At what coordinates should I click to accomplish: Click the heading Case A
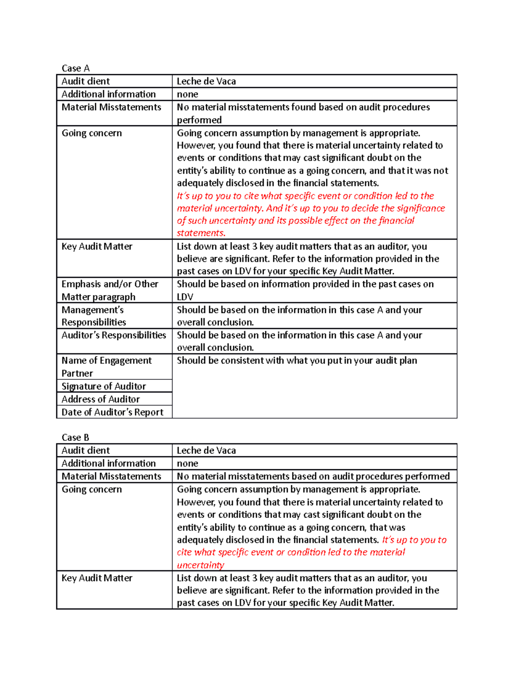tap(76, 68)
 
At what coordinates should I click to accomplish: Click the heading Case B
tap(76, 437)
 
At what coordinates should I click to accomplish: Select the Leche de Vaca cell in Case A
tap(206, 81)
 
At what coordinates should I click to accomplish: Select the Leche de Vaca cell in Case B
tap(206, 451)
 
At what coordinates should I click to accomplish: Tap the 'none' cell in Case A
tap(187, 94)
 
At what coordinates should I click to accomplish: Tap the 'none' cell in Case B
tap(187, 464)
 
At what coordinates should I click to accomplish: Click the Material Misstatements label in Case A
tap(111, 107)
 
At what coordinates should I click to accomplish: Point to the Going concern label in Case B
tap(92, 489)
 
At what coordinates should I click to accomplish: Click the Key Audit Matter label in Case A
tap(97, 247)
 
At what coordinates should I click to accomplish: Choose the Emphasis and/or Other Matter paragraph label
tap(110, 290)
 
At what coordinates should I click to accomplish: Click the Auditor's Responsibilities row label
tap(114, 335)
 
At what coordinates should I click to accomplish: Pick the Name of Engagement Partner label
tap(106, 367)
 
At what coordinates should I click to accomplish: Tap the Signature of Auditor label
tap(103, 386)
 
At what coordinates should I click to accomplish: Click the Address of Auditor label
tap(100, 399)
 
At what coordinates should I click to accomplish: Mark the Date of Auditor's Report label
tap(112, 413)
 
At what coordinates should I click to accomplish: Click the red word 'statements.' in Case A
tap(201, 233)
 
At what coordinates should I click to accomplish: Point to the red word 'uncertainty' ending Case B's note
tap(200, 565)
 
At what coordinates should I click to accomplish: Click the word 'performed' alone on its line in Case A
tap(199, 120)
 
